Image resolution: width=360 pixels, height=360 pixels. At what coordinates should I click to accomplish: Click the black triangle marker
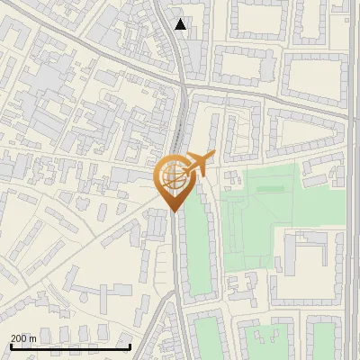[181, 24]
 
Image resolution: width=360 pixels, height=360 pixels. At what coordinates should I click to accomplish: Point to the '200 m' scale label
[23, 338]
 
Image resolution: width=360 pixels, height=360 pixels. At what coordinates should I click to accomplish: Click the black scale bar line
[70, 346]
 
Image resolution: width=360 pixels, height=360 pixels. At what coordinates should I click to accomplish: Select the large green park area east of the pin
[261, 216]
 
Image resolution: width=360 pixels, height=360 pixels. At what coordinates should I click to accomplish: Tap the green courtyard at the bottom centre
[209, 337]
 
